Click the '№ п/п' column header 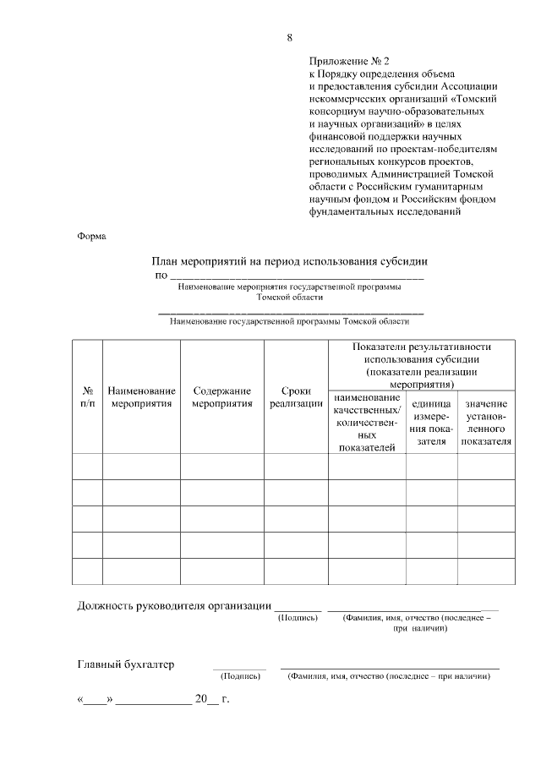(x=87, y=397)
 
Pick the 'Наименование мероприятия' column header (x=141, y=397)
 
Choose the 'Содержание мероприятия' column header (x=221, y=397)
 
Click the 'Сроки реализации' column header (x=296, y=397)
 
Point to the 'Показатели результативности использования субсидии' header (x=422, y=365)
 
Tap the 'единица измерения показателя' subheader (x=431, y=423)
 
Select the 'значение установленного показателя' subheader (x=486, y=423)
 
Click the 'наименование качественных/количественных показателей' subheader (x=367, y=423)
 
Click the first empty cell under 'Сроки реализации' (x=296, y=467)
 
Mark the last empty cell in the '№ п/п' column (x=87, y=571)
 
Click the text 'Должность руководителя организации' (x=174, y=605)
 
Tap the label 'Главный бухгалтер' (x=126, y=664)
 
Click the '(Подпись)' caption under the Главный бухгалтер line (x=240, y=677)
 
